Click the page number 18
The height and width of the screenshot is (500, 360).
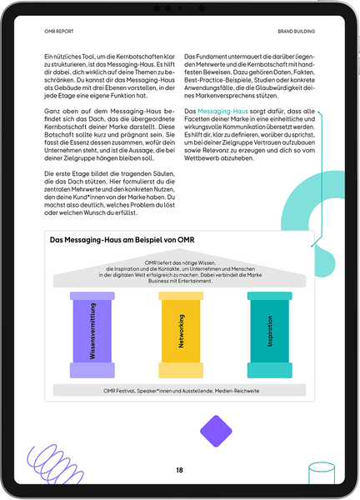coord(179,470)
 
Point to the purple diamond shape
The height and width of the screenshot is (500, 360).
coord(216,431)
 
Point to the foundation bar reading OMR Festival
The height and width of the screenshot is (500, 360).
coord(180,389)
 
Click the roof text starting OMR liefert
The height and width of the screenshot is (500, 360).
coord(180,272)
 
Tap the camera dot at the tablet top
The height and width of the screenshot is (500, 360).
coord(180,8)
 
